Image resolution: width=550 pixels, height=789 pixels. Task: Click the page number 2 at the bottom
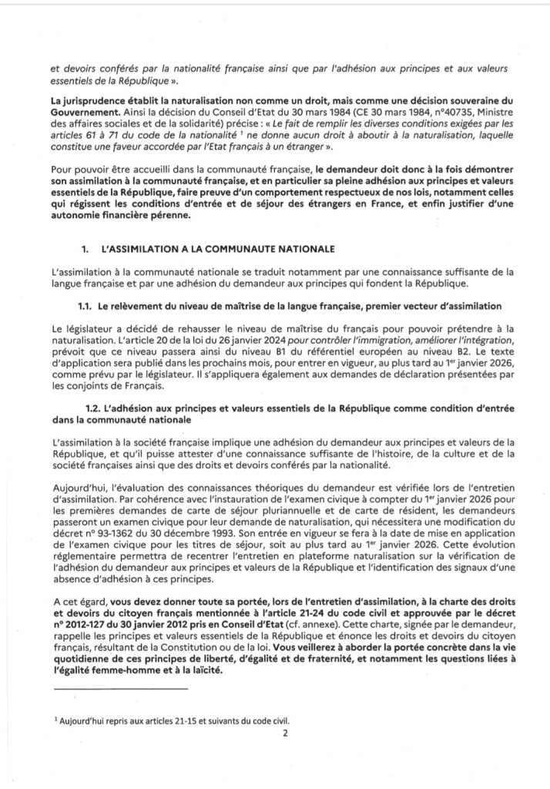[284, 734]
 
